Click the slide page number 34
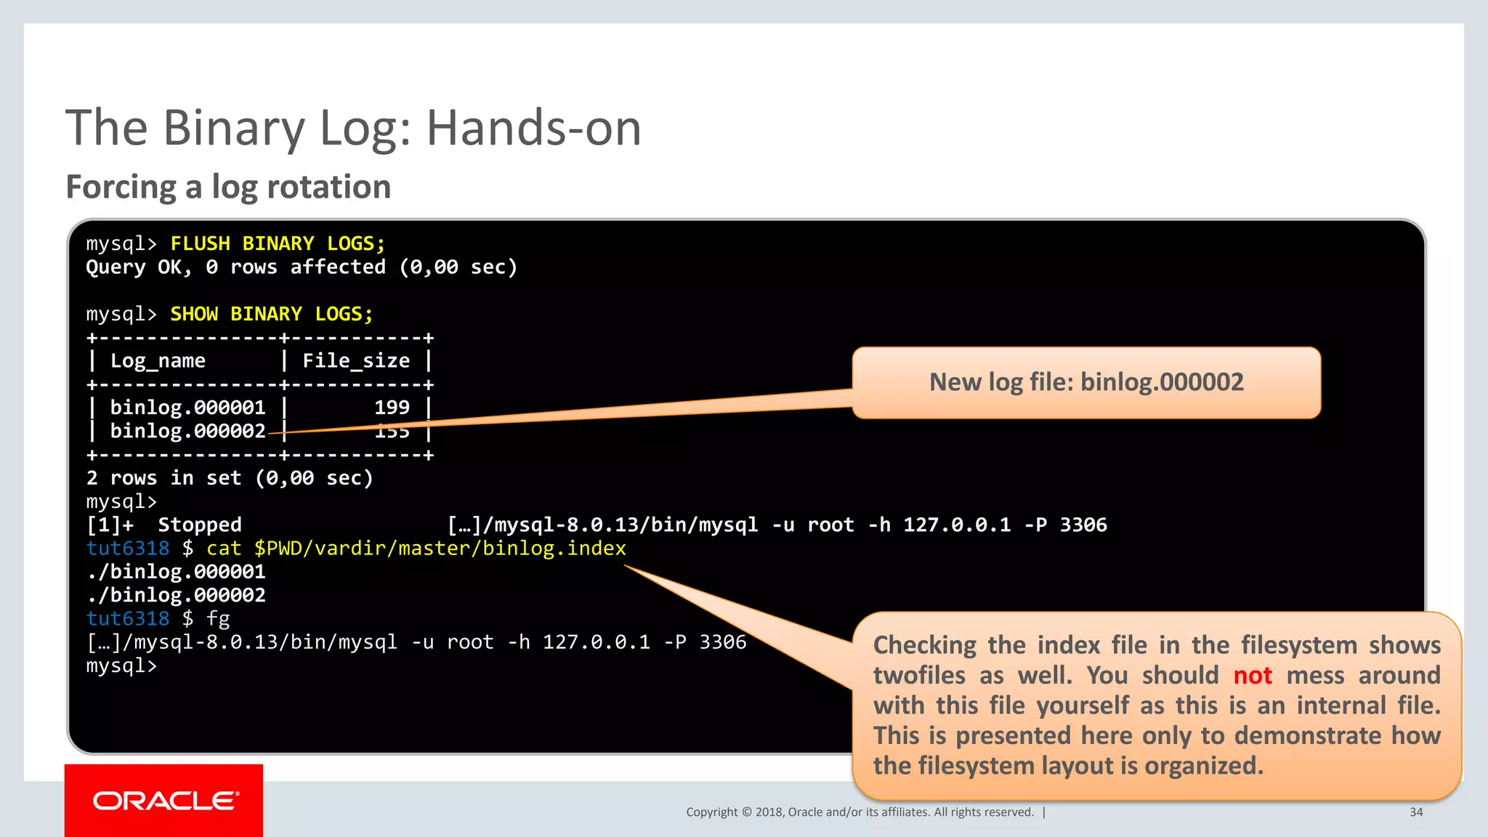pos(1416,812)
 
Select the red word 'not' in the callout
pos(1253,676)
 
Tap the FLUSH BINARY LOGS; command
pos(278,243)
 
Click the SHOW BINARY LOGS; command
pos(271,314)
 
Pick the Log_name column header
pos(158,361)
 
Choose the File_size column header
pos(356,361)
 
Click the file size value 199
pos(392,408)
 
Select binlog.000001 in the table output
pos(187,408)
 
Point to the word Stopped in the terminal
pos(200,525)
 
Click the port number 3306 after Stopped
pos(1083,525)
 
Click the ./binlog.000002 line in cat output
pos(176,596)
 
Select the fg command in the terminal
pos(218,619)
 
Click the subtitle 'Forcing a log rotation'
pos(228,187)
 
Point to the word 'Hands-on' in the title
pos(533,129)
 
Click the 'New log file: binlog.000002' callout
pos(1085,382)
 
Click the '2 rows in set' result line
pos(229,478)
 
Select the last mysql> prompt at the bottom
pos(121,666)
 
